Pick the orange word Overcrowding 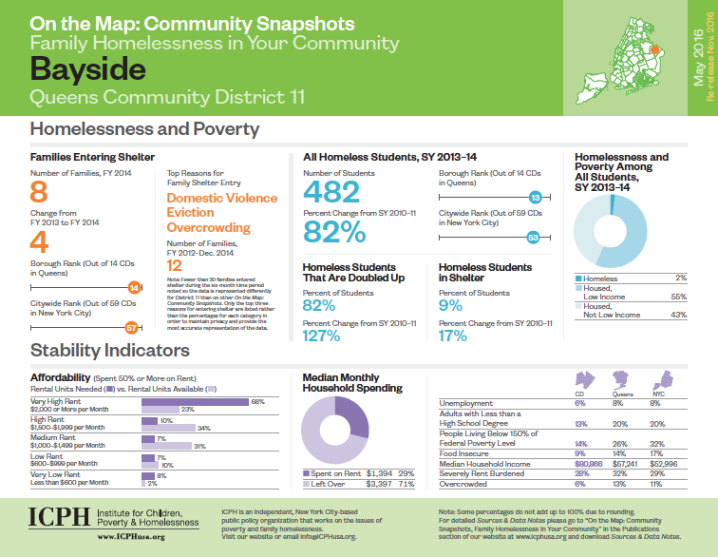coord(208,228)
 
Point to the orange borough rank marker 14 coord(134,286)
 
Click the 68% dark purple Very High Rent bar coord(195,401)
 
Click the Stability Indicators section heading coord(109,351)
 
